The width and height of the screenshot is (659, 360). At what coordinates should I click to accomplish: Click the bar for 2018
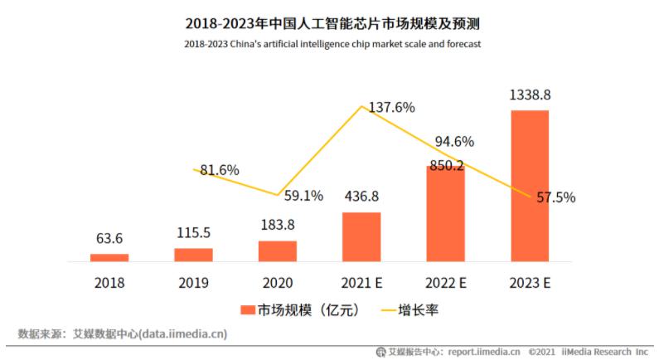tap(109, 257)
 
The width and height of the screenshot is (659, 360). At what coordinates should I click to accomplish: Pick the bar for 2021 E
tap(361, 236)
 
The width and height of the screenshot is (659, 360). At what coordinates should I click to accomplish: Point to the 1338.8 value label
tap(530, 95)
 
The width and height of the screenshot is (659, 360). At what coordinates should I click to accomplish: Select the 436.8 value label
tap(361, 197)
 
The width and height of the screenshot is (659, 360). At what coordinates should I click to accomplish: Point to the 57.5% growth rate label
tap(556, 198)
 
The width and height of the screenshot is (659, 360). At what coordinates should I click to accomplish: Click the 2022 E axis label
tap(445, 283)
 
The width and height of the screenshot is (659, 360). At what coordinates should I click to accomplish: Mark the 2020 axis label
tap(277, 283)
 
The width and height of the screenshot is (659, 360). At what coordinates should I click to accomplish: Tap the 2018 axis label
tap(109, 283)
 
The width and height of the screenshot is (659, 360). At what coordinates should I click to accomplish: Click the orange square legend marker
tap(246, 310)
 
